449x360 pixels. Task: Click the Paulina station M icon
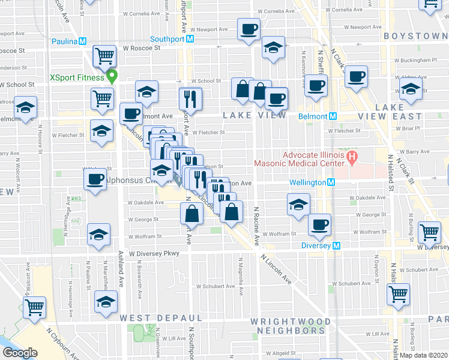point(83,41)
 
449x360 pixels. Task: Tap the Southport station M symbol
point(190,39)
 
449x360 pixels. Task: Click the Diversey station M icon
point(337,245)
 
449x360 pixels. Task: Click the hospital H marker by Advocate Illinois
point(352,158)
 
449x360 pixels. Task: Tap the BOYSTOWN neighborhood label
point(415,37)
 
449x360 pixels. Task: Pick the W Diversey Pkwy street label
point(154,254)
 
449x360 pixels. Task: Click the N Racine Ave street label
point(256,227)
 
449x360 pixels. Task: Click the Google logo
point(20,353)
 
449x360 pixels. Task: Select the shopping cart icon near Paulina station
point(105,56)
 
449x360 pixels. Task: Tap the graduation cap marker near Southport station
point(273,48)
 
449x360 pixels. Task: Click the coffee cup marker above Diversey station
point(319,224)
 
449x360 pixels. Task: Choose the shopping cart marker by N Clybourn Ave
point(34,307)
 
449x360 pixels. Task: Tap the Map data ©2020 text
point(423,355)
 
